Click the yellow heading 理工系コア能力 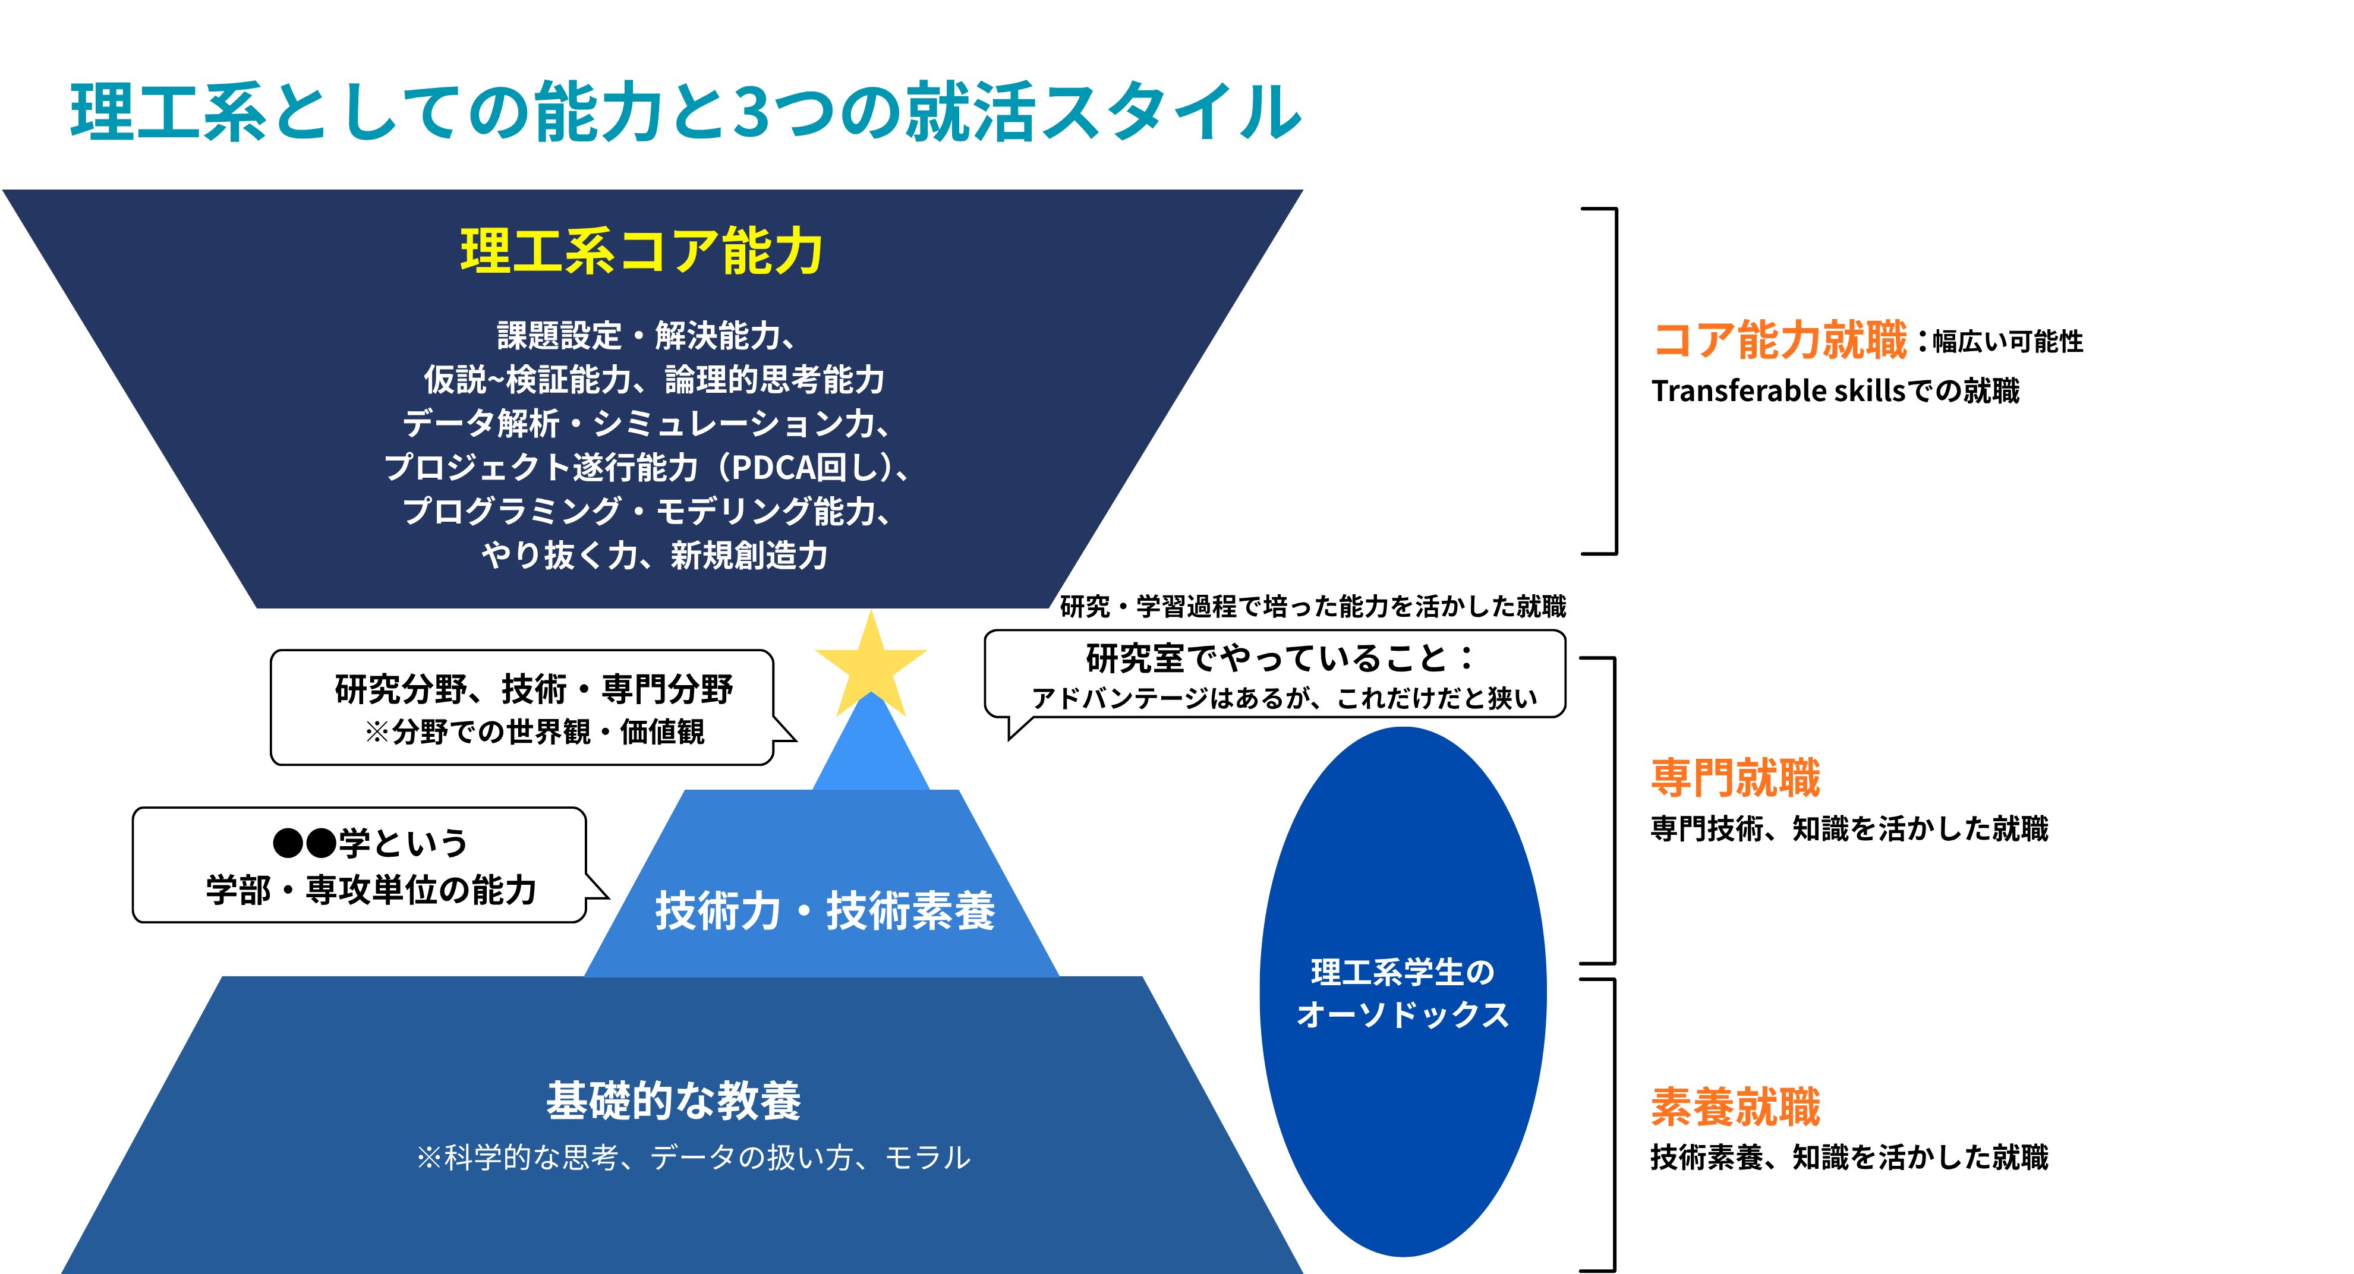pyautogui.click(x=641, y=251)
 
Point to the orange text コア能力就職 pyautogui.click(x=1780, y=339)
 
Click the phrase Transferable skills pyautogui.click(x=1778, y=391)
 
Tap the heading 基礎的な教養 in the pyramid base pyautogui.click(x=673, y=1100)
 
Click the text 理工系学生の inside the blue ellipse pyautogui.click(x=1403, y=972)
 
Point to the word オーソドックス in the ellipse pyautogui.click(x=1403, y=1014)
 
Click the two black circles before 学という pyautogui.click(x=304, y=843)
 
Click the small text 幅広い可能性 pyautogui.click(x=2008, y=342)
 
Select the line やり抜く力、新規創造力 pyautogui.click(x=654, y=555)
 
